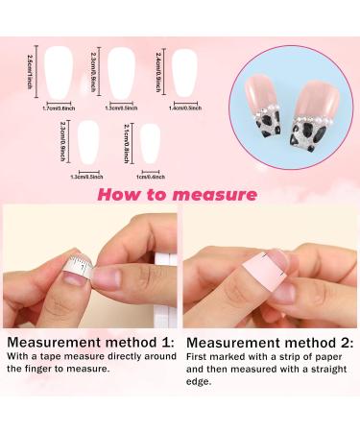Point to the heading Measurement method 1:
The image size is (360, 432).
[89, 342]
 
